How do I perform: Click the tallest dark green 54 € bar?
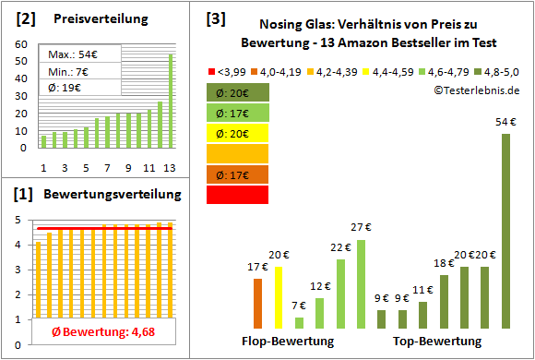tap(505, 231)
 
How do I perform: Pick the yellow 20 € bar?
tap(278, 297)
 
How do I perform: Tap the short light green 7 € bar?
tap(299, 322)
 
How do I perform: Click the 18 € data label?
tap(444, 264)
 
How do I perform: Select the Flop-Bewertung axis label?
tap(288, 341)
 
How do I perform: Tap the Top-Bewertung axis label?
tap(437, 341)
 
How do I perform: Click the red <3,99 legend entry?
tap(227, 69)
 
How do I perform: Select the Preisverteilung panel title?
tap(90, 19)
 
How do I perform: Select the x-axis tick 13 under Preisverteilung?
tap(169, 167)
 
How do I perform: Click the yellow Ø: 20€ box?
tap(237, 132)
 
